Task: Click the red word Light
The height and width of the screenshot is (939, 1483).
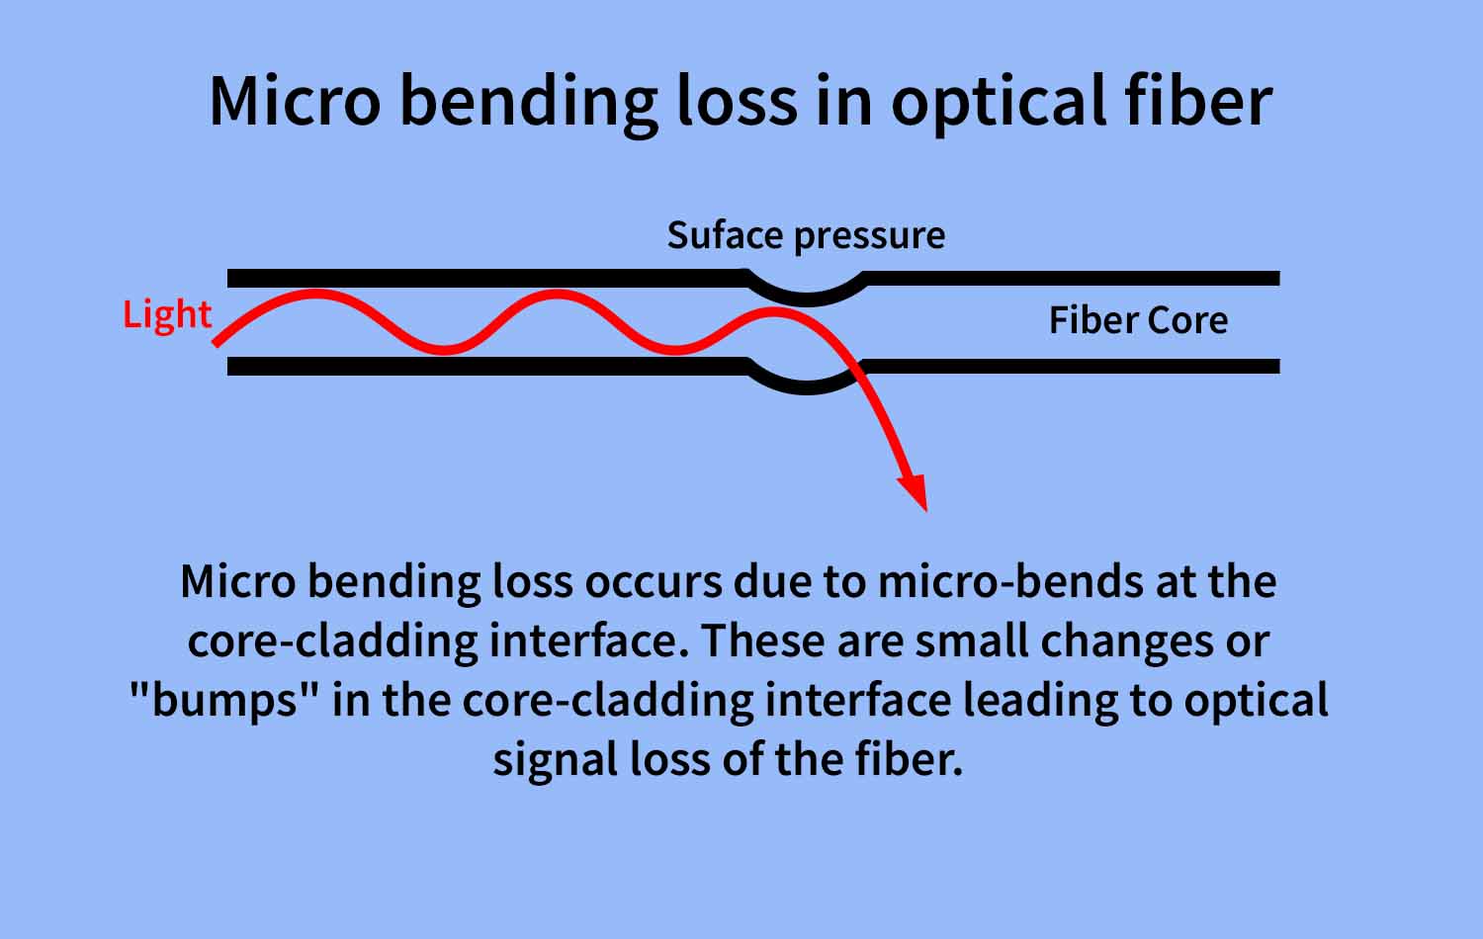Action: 167,314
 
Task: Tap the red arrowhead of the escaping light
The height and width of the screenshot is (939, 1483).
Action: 914,491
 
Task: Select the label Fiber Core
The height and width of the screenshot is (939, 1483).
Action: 1138,320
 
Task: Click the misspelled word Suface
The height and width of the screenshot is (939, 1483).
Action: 724,235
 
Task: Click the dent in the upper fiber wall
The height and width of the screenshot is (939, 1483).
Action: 807,293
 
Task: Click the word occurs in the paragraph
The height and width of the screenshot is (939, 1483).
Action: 653,581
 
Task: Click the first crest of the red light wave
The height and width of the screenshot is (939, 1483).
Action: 314,294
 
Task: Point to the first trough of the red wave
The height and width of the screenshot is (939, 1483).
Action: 445,348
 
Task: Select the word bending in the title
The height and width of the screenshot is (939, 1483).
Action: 528,102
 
